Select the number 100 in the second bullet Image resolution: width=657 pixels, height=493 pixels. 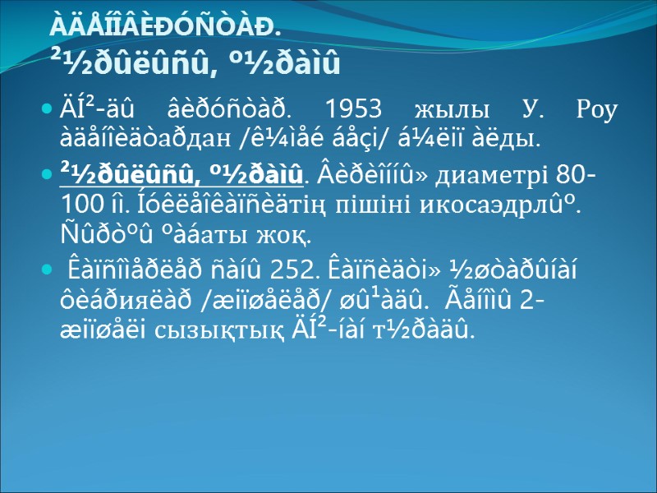(x=78, y=204)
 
